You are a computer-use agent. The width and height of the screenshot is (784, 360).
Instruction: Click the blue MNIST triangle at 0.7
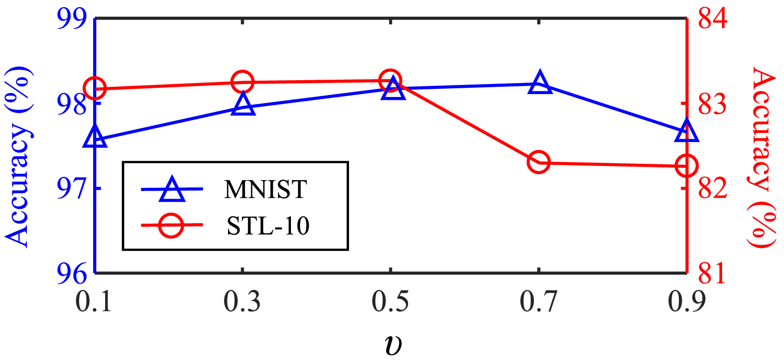[x=540, y=84]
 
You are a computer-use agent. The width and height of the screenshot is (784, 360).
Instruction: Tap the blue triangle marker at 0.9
[x=687, y=131]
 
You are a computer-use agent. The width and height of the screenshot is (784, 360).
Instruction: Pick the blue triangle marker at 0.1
[x=95, y=138]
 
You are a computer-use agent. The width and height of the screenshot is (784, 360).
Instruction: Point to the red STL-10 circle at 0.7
[x=538, y=162]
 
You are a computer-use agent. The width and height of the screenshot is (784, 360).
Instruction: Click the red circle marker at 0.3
[x=242, y=82]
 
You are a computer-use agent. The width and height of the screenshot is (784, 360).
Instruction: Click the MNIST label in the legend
[x=265, y=190]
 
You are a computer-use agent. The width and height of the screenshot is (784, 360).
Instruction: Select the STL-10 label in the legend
[x=268, y=226]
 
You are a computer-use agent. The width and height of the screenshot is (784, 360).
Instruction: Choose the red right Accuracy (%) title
[x=762, y=157]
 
